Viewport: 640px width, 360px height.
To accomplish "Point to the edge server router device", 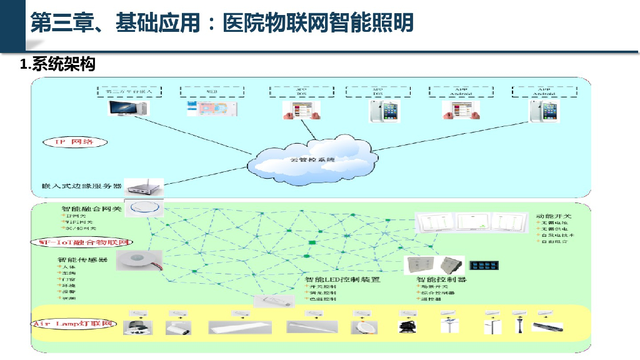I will click(x=144, y=186).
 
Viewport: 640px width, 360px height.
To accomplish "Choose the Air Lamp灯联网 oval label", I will click(x=74, y=324).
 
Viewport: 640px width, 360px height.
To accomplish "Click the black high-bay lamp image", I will click(x=407, y=326).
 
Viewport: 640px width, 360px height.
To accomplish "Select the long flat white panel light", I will click(x=239, y=327).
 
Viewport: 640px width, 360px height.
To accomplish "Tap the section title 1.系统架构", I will click(x=57, y=64).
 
